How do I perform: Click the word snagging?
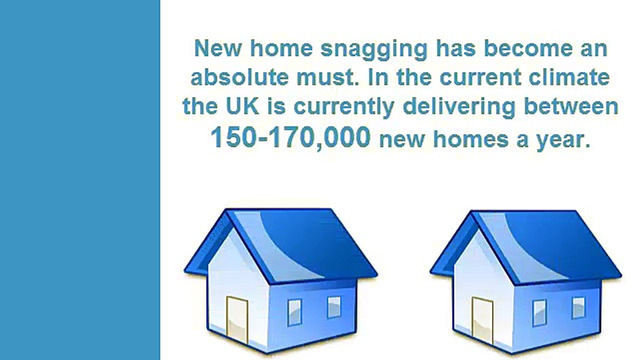pyautogui.click(x=374, y=50)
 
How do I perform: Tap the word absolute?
pyautogui.click(x=239, y=77)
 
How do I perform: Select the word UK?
pyautogui.click(x=242, y=106)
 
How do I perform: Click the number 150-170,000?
pyautogui.click(x=290, y=137)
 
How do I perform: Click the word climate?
pyautogui.click(x=569, y=77)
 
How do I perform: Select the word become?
pyautogui.click(x=528, y=48)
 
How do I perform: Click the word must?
pyautogui.click(x=327, y=77)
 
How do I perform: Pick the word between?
pyautogui.click(x=571, y=106)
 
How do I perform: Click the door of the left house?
pyautogui.click(x=237, y=319)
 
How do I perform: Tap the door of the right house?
pyautogui.click(x=482, y=320)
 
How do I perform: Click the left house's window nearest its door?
pyautogui.click(x=294, y=312)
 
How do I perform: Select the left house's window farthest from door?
pyautogui.click(x=334, y=307)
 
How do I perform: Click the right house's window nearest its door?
pyautogui.click(x=539, y=313)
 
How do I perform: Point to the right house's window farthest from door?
pyautogui.click(x=578, y=307)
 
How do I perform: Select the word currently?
pyautogui.click(x=344, y=107)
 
